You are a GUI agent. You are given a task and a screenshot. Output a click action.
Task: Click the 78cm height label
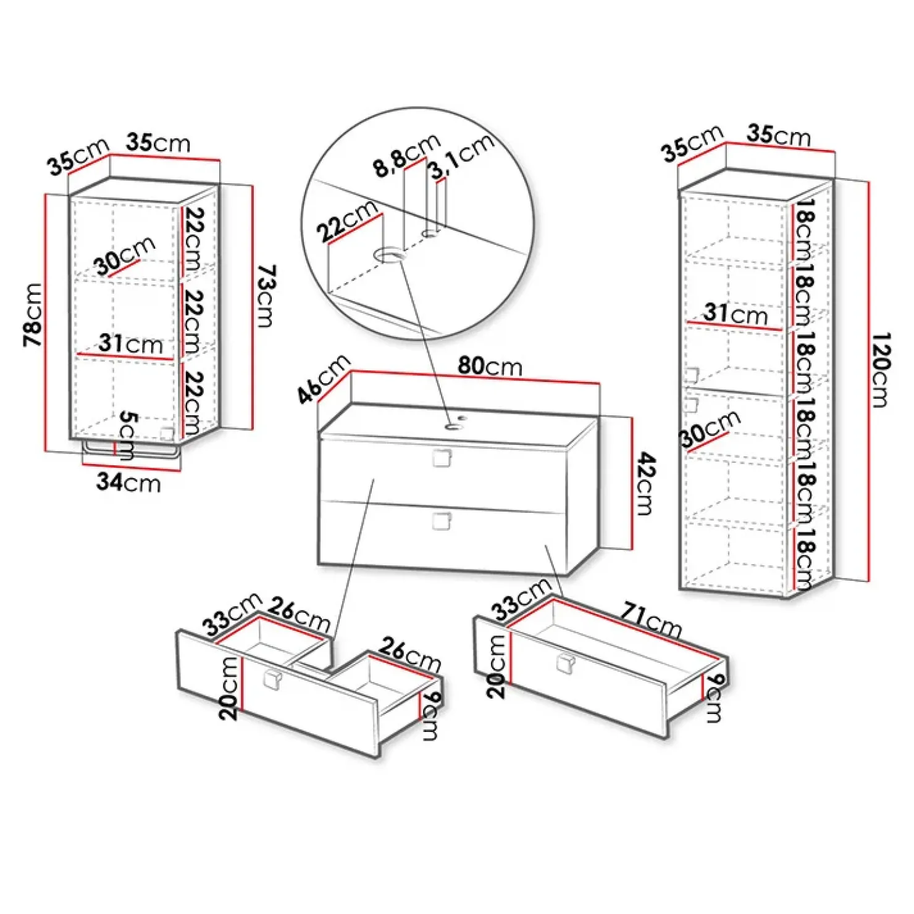pos(33,315)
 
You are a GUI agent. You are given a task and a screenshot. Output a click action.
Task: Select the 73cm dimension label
pos(267,296)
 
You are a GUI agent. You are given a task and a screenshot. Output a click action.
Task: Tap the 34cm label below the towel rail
pos(128,482)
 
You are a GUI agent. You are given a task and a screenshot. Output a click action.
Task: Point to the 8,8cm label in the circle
pos(406,156)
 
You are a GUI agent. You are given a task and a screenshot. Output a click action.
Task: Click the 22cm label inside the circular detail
pos(347,221)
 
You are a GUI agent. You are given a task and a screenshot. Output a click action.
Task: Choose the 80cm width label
pos(490,366)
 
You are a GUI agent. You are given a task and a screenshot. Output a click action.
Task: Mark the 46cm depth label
pos(324,380)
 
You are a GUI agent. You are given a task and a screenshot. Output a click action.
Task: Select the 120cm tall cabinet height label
pos(881,370)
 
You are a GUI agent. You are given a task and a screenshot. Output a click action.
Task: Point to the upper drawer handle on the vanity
pos(442,459)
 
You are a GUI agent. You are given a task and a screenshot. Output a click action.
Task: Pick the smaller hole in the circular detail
pos(430,233)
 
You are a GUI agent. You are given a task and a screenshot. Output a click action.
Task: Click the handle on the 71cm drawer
pos(565,663)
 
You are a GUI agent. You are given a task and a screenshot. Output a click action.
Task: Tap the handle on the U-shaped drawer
pos(272,678)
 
